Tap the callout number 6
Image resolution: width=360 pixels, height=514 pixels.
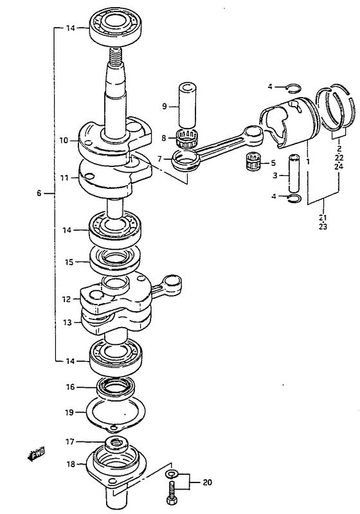tap(39, 193)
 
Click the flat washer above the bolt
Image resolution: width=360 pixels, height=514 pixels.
tap(171, 474)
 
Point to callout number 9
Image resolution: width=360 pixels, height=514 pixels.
tap(165, 106)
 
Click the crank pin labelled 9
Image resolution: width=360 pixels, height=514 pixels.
tap(187, 105)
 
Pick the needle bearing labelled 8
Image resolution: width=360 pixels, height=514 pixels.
tap(186, 138)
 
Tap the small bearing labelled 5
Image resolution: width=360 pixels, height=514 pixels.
tap(253, 161)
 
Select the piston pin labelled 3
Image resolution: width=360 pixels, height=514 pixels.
tap(294, 173)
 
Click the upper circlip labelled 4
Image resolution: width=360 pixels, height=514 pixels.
tap(292, 87)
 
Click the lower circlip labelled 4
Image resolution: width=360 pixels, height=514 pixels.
tap(292, 197)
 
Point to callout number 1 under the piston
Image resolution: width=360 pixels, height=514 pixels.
tap(307, 162)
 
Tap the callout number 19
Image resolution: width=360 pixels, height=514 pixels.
tap(69, 412)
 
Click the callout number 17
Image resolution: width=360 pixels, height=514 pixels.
tap(70, 442)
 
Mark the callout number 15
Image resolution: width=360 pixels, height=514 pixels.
tap(70, 262)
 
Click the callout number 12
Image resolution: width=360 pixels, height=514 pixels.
tap(67, 299)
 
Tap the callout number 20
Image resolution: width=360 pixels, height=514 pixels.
tap(207, 483)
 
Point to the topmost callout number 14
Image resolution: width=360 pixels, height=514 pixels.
tap(70, 28)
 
